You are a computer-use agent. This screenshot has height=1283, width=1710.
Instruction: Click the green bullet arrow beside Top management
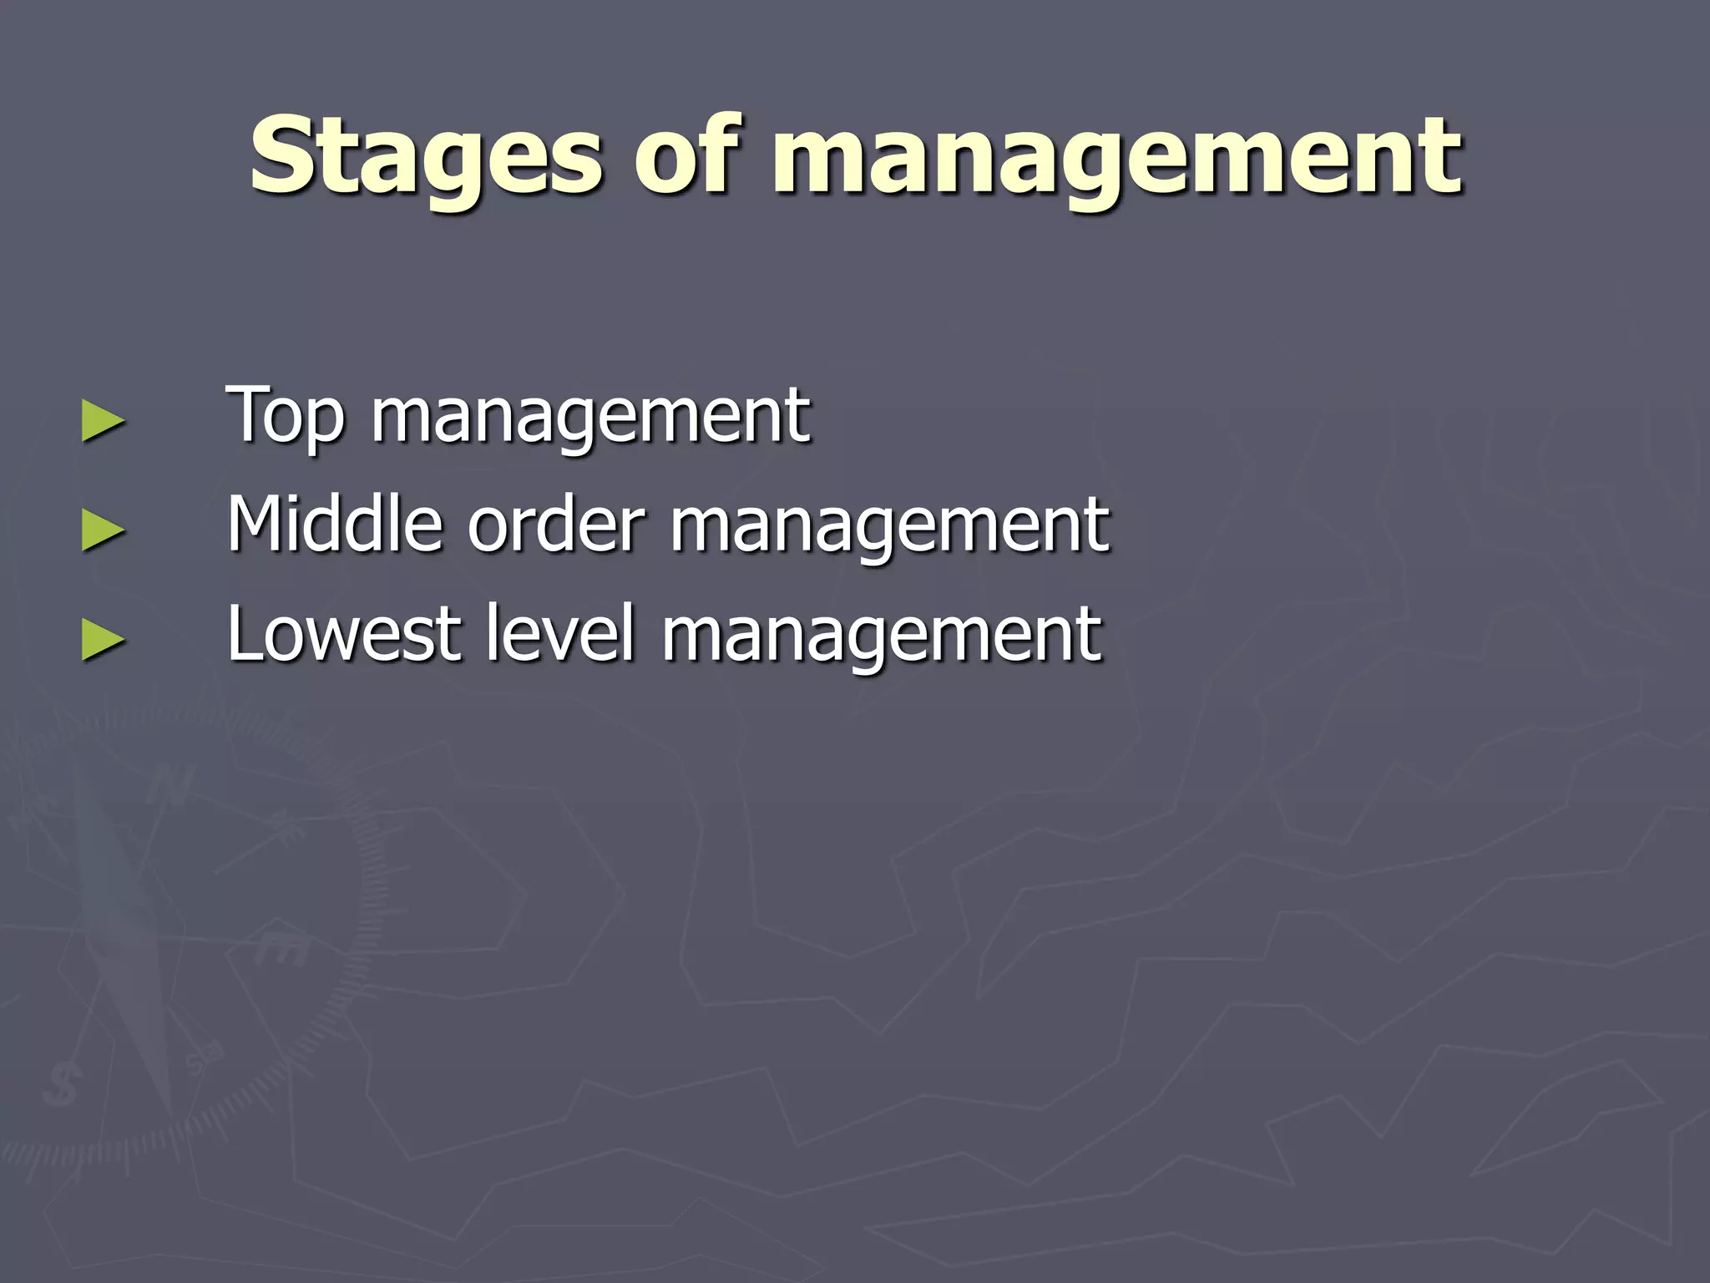point(104,421)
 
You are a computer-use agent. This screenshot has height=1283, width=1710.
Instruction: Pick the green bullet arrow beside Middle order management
point(104,530)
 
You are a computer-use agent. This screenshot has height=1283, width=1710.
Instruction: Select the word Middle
point(335,525)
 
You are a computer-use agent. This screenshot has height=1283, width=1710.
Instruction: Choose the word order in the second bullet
point(556,525)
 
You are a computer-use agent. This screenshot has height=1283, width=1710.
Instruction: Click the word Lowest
point(343,634)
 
